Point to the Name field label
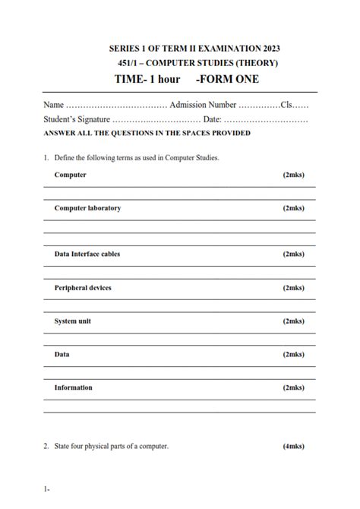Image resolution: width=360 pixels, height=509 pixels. coord(53,105)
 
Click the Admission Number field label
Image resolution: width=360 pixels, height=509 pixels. coord(203,105)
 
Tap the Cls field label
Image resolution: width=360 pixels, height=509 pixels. coord(287,105)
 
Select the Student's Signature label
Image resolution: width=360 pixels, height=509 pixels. coord(76,119)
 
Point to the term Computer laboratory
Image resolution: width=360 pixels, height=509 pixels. coord(87,207)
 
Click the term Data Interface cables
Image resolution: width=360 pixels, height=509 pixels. coord(87,254)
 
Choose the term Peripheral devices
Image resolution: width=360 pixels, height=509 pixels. coord(83,288)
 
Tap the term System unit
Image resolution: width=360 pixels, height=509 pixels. coord(73,321)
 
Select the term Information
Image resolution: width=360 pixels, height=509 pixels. coord(73,387)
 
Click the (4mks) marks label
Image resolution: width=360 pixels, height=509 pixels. coord(293,446)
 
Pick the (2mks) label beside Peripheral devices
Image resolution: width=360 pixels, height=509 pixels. coord(293,288)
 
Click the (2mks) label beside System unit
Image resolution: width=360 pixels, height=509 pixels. coord(293,321)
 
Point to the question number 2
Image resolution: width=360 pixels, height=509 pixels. coord(46,446)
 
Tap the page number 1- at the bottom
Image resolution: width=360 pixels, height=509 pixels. coord(47,489)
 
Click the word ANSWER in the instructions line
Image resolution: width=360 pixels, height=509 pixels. coord(59,133)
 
